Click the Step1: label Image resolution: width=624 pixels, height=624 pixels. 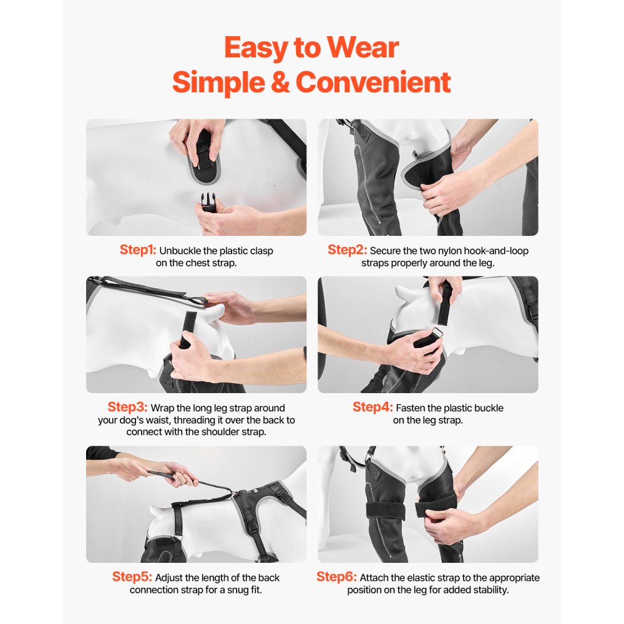(x=138, y=250)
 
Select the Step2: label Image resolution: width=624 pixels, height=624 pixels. (x=347, y=250)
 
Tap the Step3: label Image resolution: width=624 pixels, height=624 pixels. (x=127, y=407)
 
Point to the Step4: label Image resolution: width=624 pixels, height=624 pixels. (x=373, y=407)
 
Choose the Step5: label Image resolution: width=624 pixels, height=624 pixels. (x=132, y=577)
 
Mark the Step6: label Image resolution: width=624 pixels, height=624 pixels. (x=336, y=577)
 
